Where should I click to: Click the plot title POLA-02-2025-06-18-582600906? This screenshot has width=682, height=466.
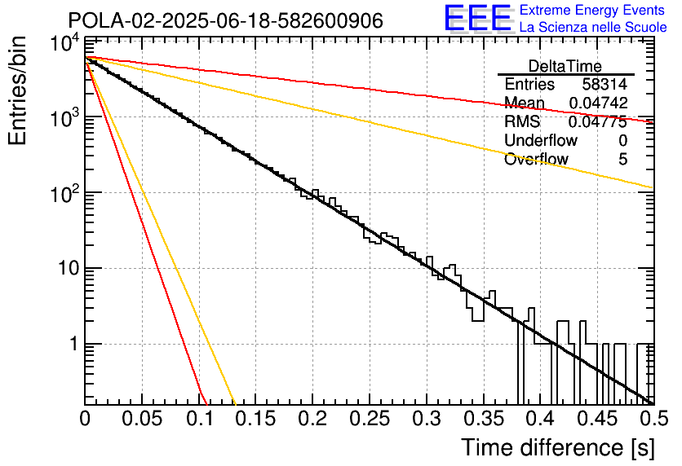click(226, 20)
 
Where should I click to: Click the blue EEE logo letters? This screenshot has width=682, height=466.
click(477, 18)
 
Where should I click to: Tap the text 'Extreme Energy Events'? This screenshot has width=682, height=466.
click(592, 10)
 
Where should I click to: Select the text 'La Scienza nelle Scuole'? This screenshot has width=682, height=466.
click(593, 27)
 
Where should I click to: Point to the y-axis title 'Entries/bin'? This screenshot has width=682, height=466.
click(17, 90)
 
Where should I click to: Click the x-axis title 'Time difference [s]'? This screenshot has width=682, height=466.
click(558, 447)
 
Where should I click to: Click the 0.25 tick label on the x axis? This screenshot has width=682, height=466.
click(370, 419)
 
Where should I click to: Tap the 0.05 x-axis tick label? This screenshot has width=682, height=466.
click(142, 419)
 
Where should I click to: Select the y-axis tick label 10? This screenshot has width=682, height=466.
click(69, 268)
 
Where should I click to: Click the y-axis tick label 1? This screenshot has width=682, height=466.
click(74, 344)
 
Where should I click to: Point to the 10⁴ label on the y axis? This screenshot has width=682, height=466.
click(65, 44)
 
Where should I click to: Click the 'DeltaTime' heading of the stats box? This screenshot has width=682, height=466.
click(565, 67)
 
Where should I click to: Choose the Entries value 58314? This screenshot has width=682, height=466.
click(604, 84)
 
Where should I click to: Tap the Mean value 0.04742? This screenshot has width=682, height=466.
click(599, 103)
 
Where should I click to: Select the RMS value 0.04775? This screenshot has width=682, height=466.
click(598, 121)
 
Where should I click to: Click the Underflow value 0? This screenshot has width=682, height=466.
click(622, 140)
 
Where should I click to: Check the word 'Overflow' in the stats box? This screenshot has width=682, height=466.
click(536, 159)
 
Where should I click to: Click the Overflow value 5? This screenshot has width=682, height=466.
click(622, 159)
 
